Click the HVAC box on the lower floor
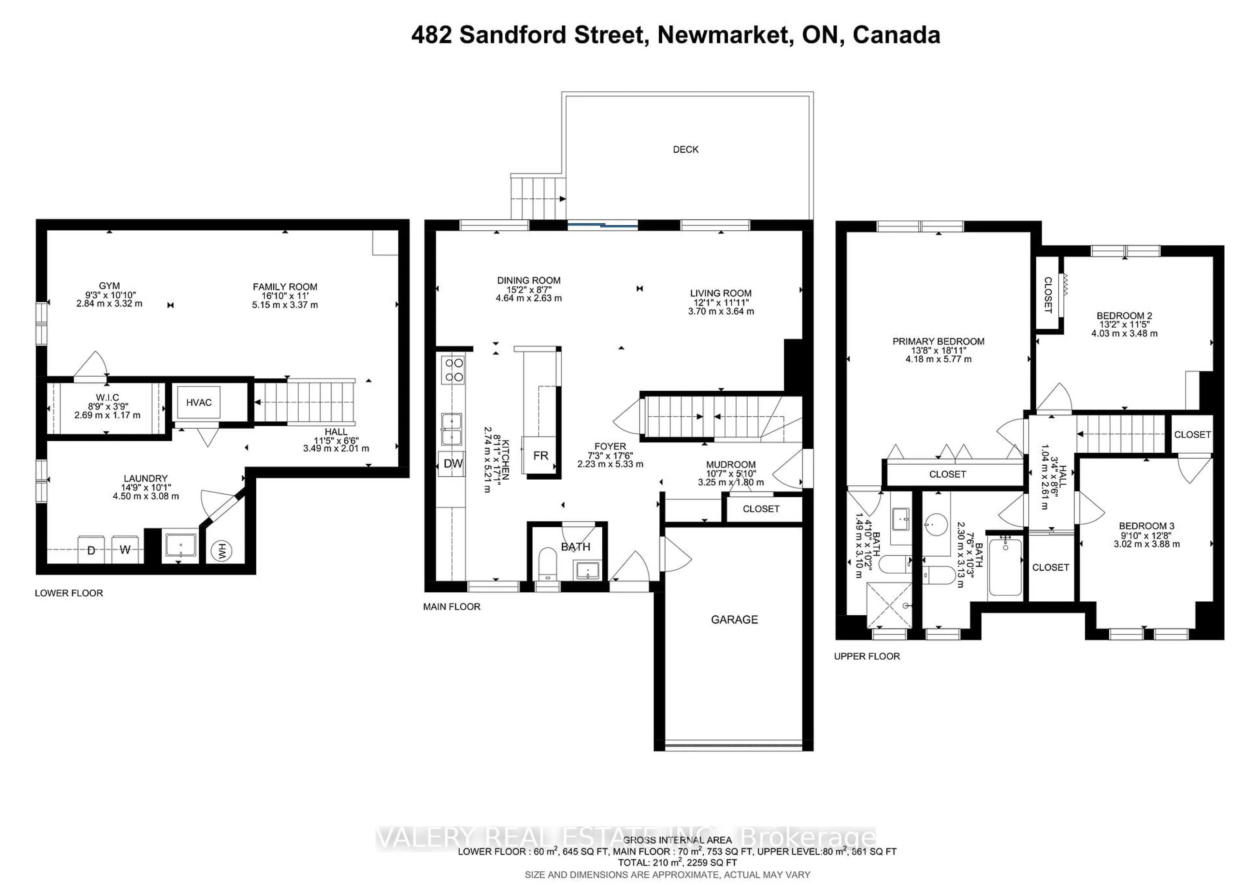tap(198, 402)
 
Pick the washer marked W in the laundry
tap(125, 550)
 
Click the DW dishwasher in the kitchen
tap(452, 463)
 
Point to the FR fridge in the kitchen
tap(540, 455)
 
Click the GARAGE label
tap(734, 620)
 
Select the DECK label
tap(685, 149)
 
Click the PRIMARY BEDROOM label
tap(938, 341)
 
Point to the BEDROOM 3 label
tap(1146, 526)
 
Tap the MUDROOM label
tap(731, 465)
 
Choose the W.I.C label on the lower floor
tap(107, 397)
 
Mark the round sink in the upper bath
tap(936, 525)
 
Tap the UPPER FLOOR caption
tap(867, 656)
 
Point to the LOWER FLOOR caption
tap(69, 593)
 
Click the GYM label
tap(109, 285)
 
